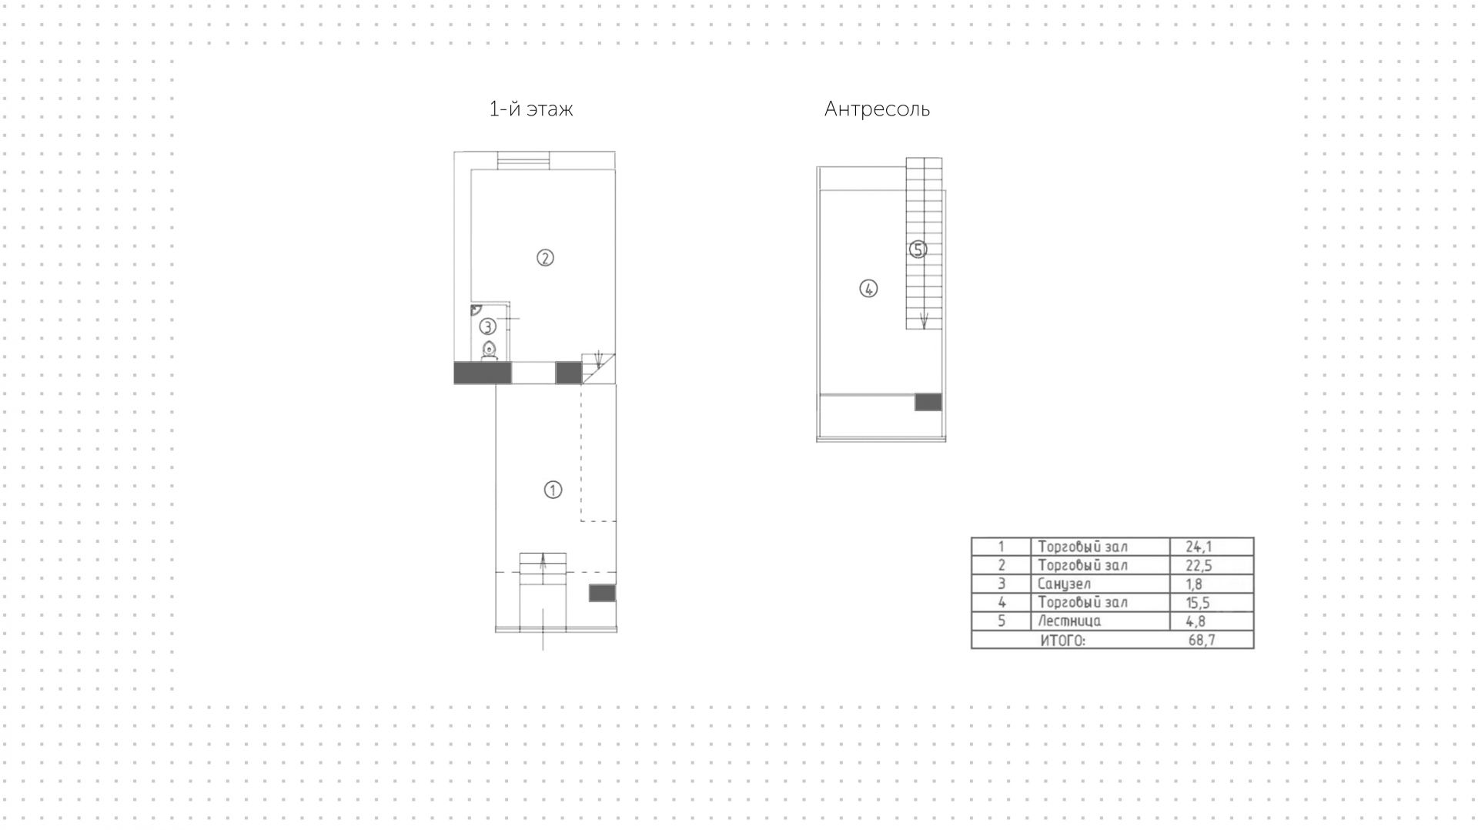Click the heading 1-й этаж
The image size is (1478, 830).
(531, 109)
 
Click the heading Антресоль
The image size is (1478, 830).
(877, 109)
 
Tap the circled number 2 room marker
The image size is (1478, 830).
(545, 258)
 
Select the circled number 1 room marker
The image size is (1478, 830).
(553, 490)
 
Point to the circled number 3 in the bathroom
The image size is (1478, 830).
(487, 326)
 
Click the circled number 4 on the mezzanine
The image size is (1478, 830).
(868, 289)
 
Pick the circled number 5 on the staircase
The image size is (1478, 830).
(917, 249)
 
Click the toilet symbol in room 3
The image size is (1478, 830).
(489, 351)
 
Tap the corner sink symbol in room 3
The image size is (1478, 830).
(476, 310)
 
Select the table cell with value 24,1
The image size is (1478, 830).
(1199, 547)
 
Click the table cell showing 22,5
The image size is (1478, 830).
(1199, 565)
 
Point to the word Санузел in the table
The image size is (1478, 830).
(1064, 584)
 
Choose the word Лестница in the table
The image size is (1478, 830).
(1069, 621)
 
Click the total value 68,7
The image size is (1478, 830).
(1202, 640)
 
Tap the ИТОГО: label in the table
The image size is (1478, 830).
(1062, 640)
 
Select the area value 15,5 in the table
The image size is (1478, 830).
(1198, 602)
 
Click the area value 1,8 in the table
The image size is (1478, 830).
(1194, 584)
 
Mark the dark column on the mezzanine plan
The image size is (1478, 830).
(928, 401)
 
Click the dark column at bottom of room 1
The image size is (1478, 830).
(602, 593)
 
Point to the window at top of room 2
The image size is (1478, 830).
(523, 161)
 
